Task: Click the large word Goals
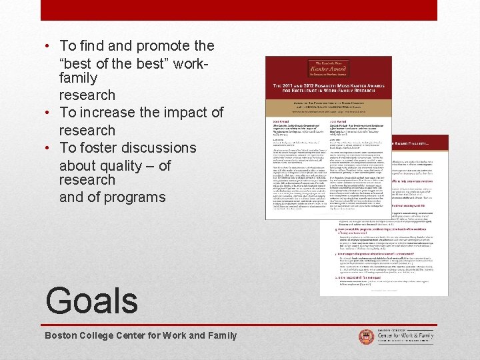tap(91, 300)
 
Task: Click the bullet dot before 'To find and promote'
tap(48, 47)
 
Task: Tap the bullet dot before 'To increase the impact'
tap(48, 113)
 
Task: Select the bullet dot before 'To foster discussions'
tap(48, 148)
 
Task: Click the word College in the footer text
tap(103, 335)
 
